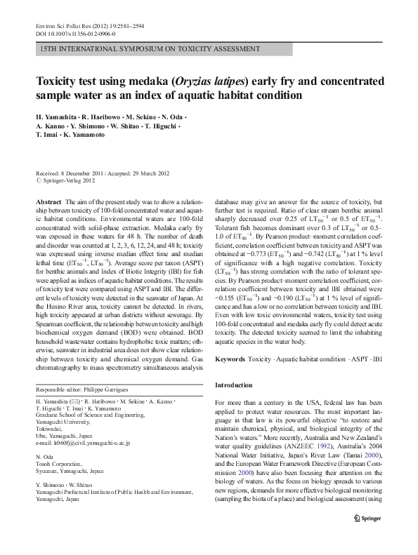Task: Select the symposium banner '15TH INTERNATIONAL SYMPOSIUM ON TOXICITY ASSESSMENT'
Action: pos(142,48)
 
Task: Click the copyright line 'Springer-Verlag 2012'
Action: pos(69,180)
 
